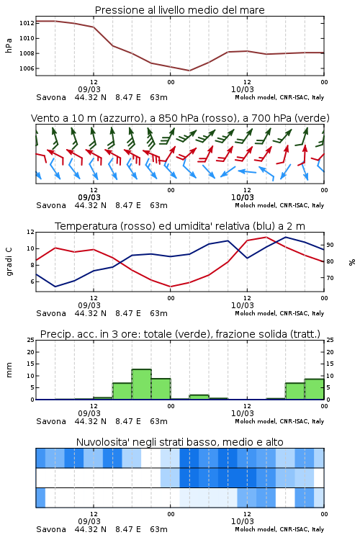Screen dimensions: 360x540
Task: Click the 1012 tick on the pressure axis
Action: [x=27, y=23]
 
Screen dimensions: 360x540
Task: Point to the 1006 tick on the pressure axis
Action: [x=27, y=68]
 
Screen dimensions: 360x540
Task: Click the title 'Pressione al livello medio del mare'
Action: [x=180, y=10]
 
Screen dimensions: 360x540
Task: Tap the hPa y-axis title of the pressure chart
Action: [x=9, y=45]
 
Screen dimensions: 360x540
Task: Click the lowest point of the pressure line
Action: [x=189, y=71]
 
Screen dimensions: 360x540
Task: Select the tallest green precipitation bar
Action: [x=142, y=384]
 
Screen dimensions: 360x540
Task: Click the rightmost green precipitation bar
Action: [x=314, y=389]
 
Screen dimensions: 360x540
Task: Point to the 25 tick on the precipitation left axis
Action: [x=31, y=340]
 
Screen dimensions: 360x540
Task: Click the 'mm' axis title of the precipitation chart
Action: [x=9, y=370]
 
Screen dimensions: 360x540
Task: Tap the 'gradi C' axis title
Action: [x=9, y=262]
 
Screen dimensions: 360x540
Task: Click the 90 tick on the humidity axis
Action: [x=330, y=245]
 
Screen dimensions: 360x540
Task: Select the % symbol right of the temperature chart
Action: [x=352, y=262]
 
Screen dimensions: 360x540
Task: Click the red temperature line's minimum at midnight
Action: [x=170, y=287]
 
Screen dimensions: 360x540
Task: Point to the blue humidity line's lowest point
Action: [x=55, y=287]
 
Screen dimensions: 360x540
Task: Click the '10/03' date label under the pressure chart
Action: [x=243, y=89]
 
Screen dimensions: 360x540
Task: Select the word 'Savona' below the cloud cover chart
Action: [x=51, y=529]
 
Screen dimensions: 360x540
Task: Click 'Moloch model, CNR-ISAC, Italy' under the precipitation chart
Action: [x=279, y=421]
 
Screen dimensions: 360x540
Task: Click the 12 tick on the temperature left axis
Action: [x=31, y=232]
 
